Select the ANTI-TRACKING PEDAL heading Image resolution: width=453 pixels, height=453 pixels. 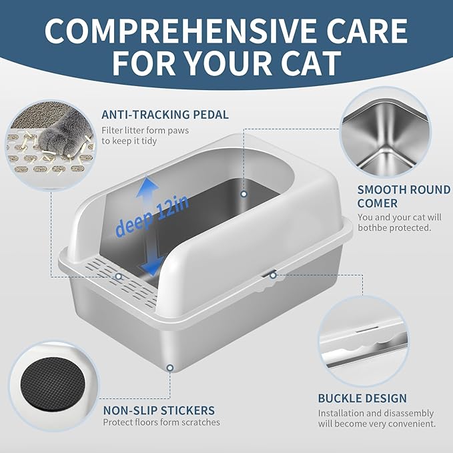165,115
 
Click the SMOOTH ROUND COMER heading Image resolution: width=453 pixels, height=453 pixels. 404,197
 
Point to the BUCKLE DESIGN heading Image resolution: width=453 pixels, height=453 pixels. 362,398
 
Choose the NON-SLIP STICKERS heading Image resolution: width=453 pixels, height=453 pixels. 158,410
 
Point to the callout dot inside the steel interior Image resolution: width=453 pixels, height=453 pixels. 244,194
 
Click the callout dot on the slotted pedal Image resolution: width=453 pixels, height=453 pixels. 118,276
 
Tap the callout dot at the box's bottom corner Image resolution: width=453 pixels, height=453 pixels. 171,368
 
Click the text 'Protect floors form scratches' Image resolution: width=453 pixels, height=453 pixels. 161,422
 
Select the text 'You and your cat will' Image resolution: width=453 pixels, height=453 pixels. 399,217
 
